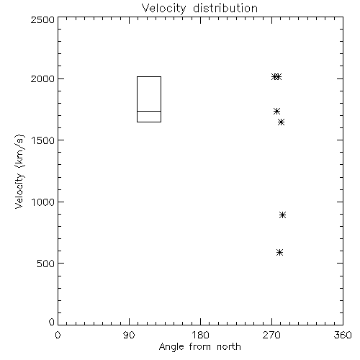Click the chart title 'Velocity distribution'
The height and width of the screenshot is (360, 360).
click(x=199, y=9)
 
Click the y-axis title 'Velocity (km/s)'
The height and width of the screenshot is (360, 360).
click(x=19, y=171)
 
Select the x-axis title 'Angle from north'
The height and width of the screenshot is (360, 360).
click(x=199, y=347)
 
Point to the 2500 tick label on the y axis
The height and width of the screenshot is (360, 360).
click(x=42, y=19)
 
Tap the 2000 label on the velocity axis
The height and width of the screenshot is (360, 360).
click(x=42, y=78)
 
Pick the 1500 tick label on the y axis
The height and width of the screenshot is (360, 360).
click(x=43, y=140)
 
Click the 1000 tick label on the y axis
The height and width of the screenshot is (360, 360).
click(x=43, y=202)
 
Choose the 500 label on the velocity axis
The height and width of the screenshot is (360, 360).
click(x=46, y=264)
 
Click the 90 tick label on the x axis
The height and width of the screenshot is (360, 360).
click(x=129, y=335)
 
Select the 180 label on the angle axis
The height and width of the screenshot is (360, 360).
click(x=200, y=335)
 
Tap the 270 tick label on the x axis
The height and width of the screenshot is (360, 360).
click(x=271, y=335)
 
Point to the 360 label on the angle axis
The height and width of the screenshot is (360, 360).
click(x=343, y=335)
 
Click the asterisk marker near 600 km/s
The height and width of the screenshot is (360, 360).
click(x=279, y=253)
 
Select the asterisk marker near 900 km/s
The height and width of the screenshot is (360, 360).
click(x=282, y=215)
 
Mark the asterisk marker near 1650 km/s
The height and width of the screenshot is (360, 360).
click(x=281, y=122)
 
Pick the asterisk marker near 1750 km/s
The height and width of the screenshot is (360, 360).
click(x=276, y=111)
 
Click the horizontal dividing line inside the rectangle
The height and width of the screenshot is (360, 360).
click(x=149, y=111)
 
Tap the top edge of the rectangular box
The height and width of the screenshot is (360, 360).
click(x=149, y=77)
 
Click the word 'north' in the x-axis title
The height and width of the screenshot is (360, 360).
click(x=229, y=347)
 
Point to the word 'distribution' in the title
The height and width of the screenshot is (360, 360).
click(x=225, y=9)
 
